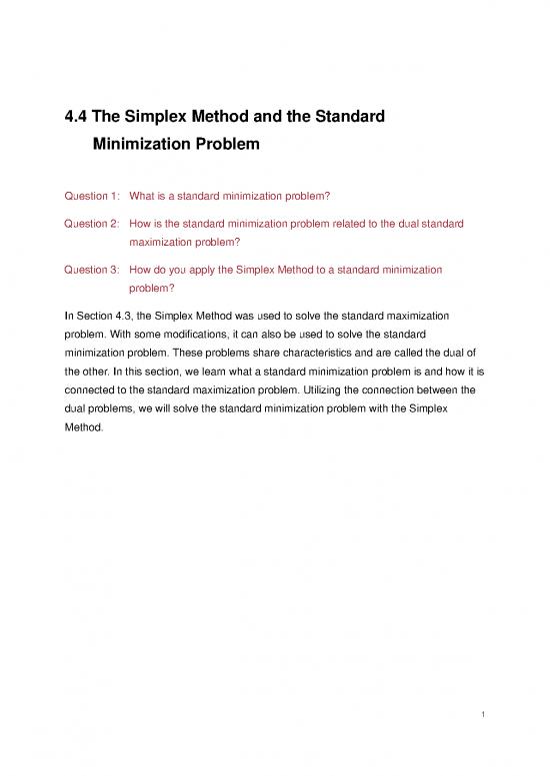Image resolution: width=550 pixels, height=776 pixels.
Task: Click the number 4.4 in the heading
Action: click(77, 118)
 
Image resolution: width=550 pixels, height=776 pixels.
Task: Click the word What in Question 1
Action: click(143, 197)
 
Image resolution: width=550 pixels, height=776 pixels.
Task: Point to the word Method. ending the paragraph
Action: click(83, 431)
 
